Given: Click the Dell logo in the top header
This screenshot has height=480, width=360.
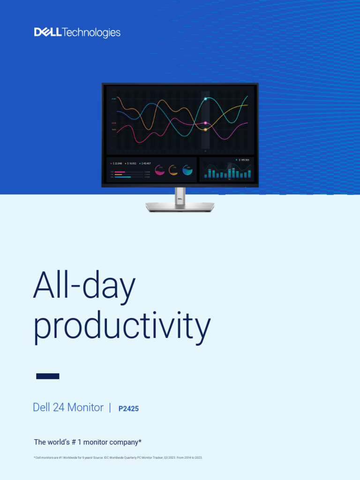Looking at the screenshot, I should [47, 32].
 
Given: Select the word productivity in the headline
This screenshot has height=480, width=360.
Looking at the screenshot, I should [122, 327].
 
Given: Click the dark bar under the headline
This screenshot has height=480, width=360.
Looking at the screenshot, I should [48, 376].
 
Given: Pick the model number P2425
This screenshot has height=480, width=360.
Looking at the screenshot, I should [128, 409].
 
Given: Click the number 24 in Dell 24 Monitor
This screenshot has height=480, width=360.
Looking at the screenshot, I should [59, 407].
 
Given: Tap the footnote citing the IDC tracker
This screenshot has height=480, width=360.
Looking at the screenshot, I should [118, 457].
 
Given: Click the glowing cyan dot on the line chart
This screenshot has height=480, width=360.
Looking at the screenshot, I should [205, 99].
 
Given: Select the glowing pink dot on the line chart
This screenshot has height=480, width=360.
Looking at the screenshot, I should [205, 123].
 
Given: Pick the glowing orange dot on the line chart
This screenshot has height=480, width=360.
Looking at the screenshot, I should [205, 129].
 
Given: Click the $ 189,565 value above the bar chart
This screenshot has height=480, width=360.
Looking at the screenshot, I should [244, 160].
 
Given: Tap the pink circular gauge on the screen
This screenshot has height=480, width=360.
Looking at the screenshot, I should [160, 170].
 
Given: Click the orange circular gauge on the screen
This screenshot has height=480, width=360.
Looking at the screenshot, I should [173, 170].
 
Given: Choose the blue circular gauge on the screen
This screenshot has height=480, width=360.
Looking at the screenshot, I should [187, 170].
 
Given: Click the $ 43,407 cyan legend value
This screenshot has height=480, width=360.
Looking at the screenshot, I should [146, 163].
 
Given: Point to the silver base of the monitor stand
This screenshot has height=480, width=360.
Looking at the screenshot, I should [180, 207].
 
